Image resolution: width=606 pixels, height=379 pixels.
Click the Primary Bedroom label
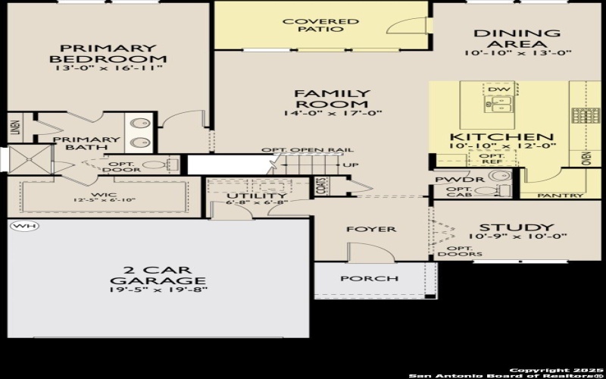[x=108, y=52]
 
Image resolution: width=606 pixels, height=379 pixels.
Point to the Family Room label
[x=332, y=99]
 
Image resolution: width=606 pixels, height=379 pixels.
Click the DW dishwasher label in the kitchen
[x=498, y=90]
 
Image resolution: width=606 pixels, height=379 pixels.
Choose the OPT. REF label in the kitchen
[x=493, y=158]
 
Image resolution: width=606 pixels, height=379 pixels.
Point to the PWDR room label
[x=453, y=180]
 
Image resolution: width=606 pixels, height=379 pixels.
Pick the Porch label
[x=369, y=278]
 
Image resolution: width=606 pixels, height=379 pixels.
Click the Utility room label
[x=247, y=196]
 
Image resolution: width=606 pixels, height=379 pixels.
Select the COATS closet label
[x=322, y=186]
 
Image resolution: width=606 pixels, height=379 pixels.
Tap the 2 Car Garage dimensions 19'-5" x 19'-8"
[x=158, y=290]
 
